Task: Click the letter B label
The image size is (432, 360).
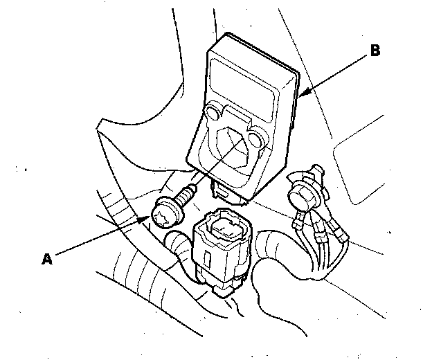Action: click(x=375, y=51)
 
